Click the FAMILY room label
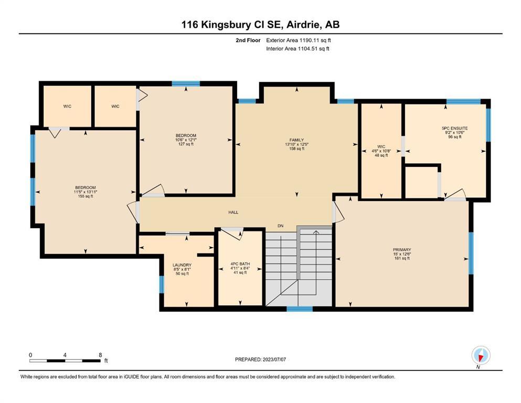click(x=296, y=140)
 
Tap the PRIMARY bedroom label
click(x=402, y=250)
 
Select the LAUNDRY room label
click(x=182, y=265)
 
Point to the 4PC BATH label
click(x=240, y=264)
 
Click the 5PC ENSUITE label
click(x=454, y=128)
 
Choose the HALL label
click(x=233, y=213)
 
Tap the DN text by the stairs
click(x=280, y=226)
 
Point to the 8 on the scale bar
click(x=100, y=355)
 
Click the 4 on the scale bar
click(x=65, y=355)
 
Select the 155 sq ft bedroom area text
click(x=86, y=196)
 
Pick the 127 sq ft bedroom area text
click(x=186, y=144)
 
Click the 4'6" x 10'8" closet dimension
click(x=381, y=151)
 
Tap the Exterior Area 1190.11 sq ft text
click(x=299, y=40)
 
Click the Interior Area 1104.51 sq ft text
click(x=297, y=48)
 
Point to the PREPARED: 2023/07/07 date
click(x=260, y=359)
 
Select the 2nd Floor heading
click(x=248, y=40)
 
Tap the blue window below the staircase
click(x=300, y=309)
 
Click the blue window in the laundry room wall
click(x=162, y=284)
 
